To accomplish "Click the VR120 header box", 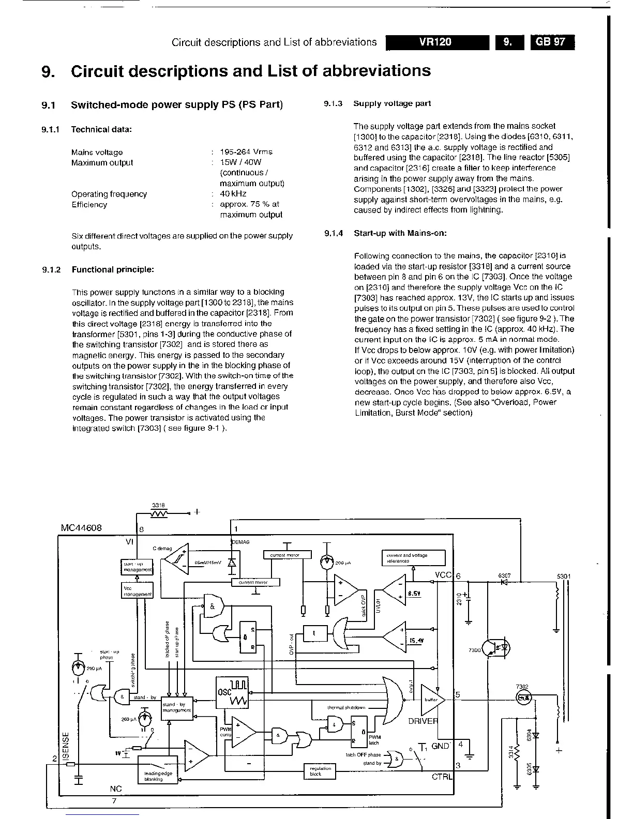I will tap(437, 42).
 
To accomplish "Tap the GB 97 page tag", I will tap(552, 42).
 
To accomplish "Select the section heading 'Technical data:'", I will tap(101, 129).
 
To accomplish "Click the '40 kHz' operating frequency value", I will tap(233, 194).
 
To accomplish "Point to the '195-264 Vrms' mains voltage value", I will tap(246, 152).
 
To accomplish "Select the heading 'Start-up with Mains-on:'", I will tap(400, 233).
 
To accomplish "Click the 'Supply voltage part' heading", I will tap(392, 103).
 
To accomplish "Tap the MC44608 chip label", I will tap(81, 528).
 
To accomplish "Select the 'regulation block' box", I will tap(320, 771).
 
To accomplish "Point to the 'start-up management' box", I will tap(137, 567).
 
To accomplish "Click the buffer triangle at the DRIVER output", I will tap(430, 700).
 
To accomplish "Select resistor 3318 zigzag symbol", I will tap(158, 513).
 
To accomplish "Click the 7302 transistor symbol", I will tap(524, 697).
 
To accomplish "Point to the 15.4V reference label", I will tap(416, 640).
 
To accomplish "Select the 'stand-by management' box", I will tap(177, 707).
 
